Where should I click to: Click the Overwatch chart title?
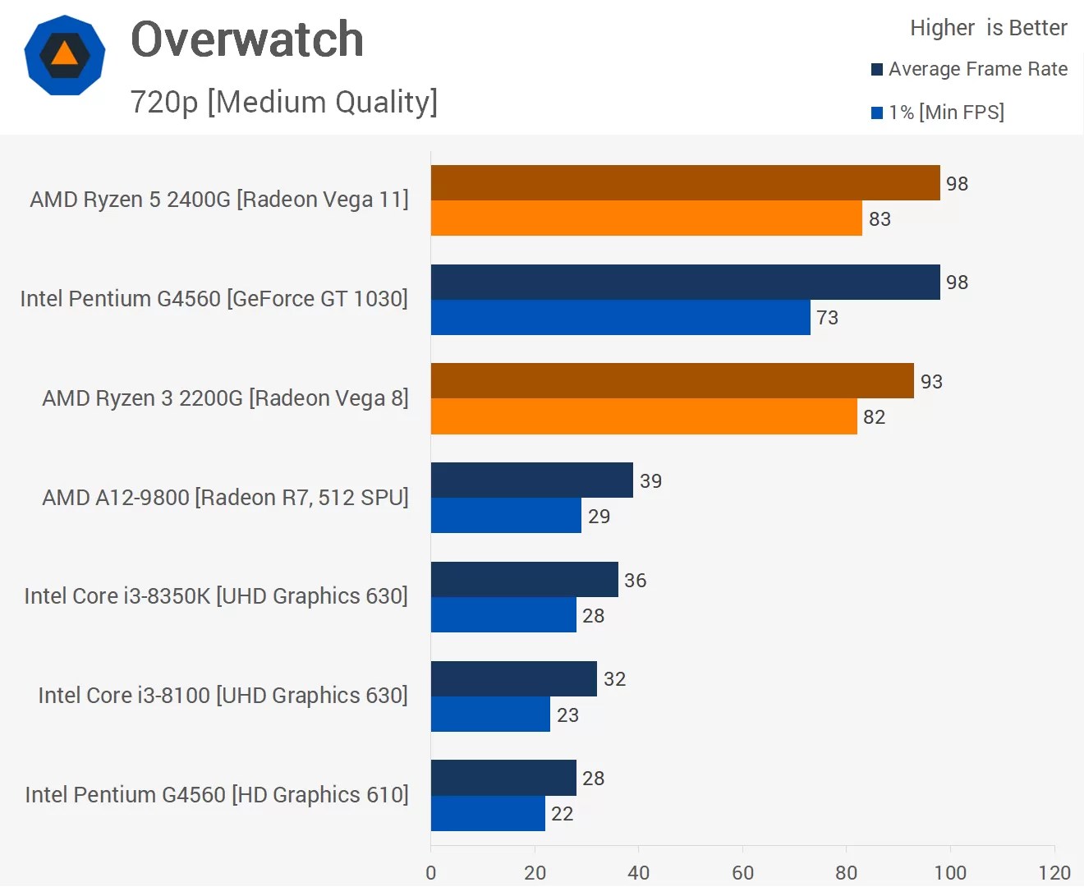(x=246, y=39)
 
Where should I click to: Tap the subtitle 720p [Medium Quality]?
(x=283, y=102)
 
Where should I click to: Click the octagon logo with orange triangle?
(x=65, y=55)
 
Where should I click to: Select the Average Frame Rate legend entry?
(x=969, y=69)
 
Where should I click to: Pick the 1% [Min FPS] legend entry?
(x=938, y=113)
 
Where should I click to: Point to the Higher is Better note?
(x=988, y=28)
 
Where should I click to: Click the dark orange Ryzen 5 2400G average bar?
(x=685, y=182)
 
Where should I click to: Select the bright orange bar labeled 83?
(x=646, y=218)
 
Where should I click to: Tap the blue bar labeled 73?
(x=620, y=317)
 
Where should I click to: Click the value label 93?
(x=931, y=382)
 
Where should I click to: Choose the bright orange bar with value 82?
(x=644, y=416)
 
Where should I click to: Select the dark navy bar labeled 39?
(x=531, y=480)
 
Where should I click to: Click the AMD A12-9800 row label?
(x=225, y=497)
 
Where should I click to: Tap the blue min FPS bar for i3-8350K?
(x=503, y=614)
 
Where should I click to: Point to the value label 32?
(x=614, y=679)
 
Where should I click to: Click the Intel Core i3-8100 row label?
(x=223, y=696)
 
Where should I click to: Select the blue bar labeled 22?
(x=488, y=813)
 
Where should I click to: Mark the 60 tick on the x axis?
(x=742, y=872)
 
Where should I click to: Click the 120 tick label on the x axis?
(x=1054, y=872)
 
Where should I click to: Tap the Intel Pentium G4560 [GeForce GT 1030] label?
(x=214, y=298)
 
